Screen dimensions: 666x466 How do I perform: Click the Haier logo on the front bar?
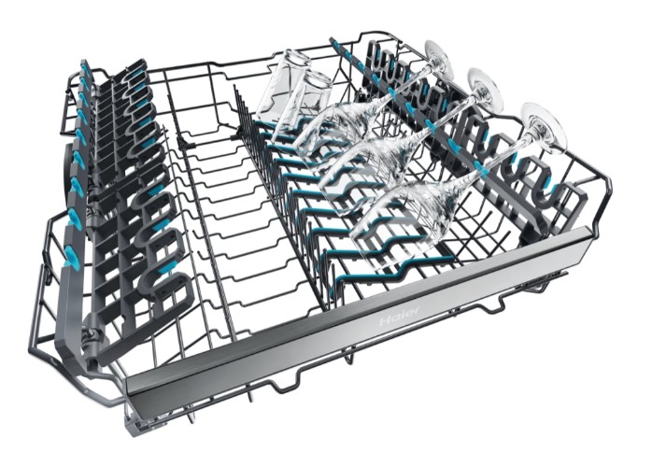click(x=400, y=316)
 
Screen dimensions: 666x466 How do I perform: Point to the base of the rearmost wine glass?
click(x=437, y=56)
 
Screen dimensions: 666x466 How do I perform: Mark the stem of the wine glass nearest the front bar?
click(x=489, y=162)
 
